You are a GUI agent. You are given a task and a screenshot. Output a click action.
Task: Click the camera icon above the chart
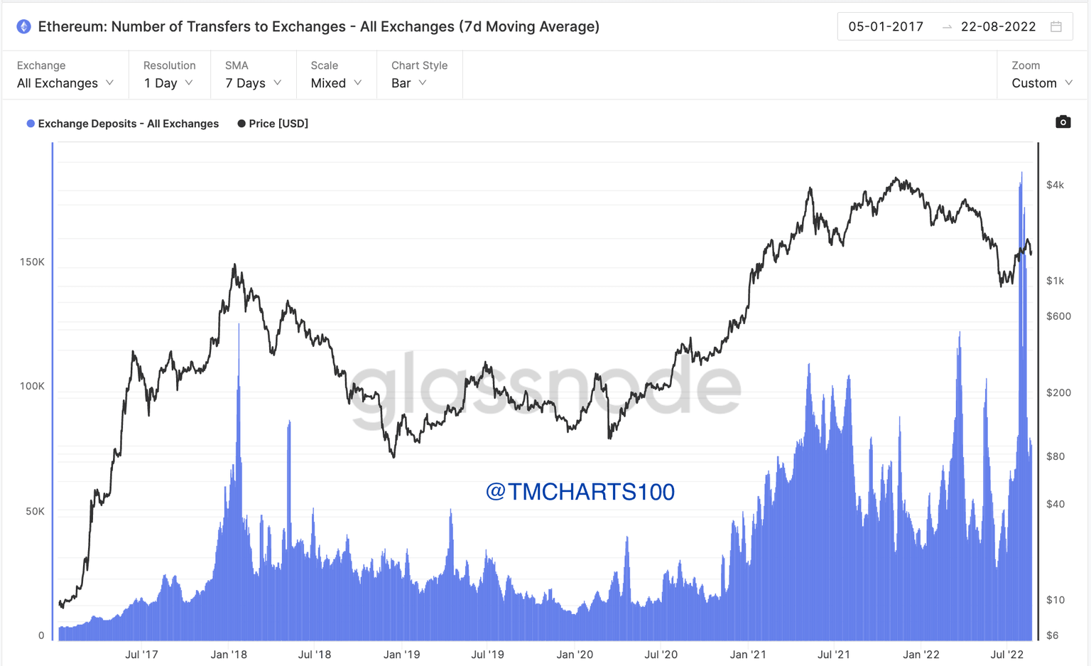[1063, 122]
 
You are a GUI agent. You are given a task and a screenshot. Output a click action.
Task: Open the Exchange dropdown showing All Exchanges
[65, 83]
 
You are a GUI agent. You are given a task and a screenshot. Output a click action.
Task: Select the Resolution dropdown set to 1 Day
[168, 83]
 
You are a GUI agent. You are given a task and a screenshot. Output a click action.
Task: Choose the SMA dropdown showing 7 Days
[253, 83]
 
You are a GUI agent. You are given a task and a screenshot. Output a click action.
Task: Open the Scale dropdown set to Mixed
[336, 83]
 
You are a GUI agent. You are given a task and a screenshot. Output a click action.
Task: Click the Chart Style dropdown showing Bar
[409, 83]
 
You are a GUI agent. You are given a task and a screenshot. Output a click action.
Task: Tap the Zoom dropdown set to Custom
[1041, 83]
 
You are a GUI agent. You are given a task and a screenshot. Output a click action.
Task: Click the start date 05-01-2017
[886, 27]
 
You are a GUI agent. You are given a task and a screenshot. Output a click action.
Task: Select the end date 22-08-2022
[998, 27]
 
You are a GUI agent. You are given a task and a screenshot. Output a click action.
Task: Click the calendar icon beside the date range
[1056, 27]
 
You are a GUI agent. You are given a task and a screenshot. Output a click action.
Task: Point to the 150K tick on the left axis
[32, 262]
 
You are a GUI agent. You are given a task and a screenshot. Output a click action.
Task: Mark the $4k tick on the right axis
[1055, 185]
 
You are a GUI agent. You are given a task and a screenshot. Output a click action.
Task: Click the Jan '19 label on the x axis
[401, 655]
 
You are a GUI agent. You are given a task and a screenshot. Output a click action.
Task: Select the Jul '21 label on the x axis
[833, 655]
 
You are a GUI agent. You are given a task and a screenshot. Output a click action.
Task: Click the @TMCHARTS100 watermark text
[580, 492]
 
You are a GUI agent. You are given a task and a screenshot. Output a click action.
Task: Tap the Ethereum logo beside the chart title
[24, 27]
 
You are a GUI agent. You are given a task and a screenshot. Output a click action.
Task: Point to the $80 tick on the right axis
[1055, 456]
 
